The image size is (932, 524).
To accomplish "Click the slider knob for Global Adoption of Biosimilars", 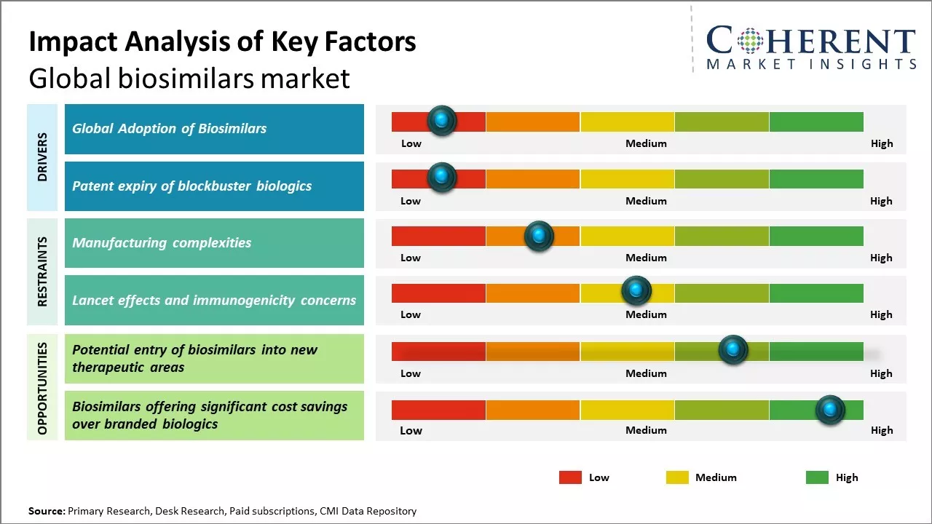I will [441, 121].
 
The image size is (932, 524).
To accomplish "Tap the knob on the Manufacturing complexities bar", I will [538, 236].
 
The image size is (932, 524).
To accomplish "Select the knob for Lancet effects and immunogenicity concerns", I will [636, 291].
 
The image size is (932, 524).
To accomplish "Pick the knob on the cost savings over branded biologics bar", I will [829, 410].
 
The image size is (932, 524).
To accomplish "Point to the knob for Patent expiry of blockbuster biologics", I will [441, 178].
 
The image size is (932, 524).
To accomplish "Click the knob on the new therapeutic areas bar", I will [732, 350].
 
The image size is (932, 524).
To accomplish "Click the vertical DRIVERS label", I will [42, 157].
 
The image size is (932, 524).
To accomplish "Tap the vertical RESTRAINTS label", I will [42, 271].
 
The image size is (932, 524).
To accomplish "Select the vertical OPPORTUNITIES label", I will [42, 388].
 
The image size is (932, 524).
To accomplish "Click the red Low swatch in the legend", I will [570, 477].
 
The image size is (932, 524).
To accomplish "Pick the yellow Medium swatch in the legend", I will [677, 477].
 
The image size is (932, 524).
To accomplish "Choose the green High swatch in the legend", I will [817, 477].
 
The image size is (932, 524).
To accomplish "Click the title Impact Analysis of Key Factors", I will [222, 41].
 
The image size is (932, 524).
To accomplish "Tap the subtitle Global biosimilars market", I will [189, 78].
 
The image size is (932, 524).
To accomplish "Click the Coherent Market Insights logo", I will [810, 48].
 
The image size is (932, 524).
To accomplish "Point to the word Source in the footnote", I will [46, 511].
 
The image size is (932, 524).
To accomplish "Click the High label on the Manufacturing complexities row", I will [881, 258].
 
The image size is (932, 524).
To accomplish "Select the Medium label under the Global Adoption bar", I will [646, 143].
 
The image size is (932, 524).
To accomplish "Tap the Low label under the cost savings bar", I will [411, 430].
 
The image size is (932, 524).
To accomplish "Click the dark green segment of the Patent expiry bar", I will [815, 178].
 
